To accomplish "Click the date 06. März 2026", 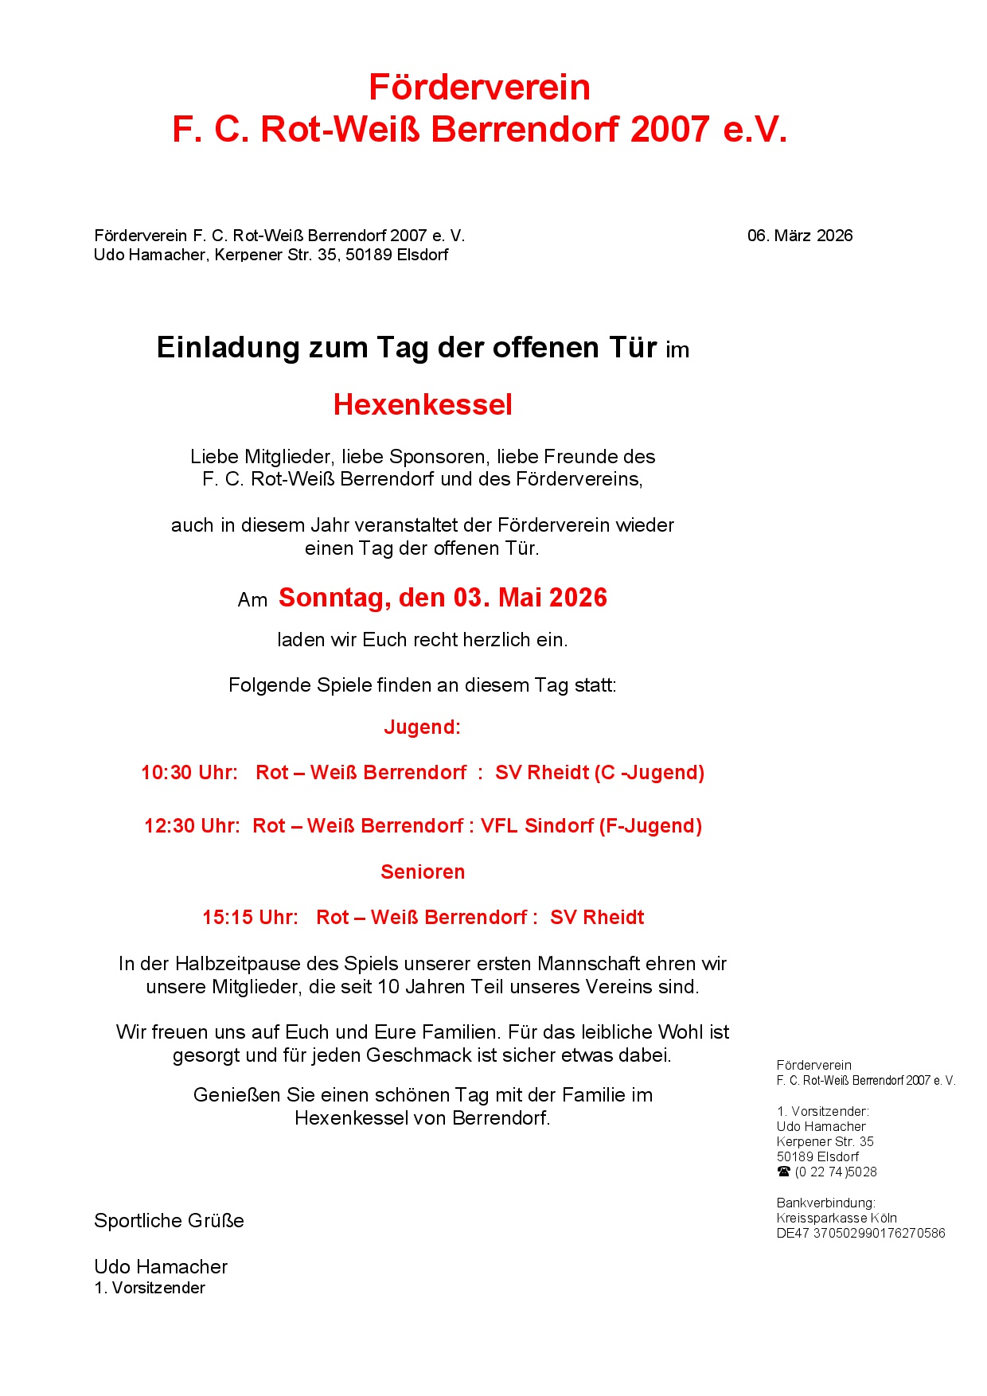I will pos(799,236).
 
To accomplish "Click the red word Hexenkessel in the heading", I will pos(423,404).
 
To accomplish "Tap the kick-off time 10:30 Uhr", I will pos(189,773).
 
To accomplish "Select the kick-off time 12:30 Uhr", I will pos(192,826).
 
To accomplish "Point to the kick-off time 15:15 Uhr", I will pos(250,918).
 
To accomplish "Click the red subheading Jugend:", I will pos(422,727).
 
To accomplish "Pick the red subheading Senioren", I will pos(423,872).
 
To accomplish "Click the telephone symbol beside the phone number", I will pos(784,1172).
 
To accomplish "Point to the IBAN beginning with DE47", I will pos(860,1234).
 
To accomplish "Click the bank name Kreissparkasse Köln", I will pos(837,1219).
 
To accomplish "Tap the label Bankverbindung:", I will pos(825,1203).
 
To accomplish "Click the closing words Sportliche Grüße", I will pos(169,1221).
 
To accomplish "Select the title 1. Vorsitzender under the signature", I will pos(150,1288).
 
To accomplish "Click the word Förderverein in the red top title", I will pos(479,88).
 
